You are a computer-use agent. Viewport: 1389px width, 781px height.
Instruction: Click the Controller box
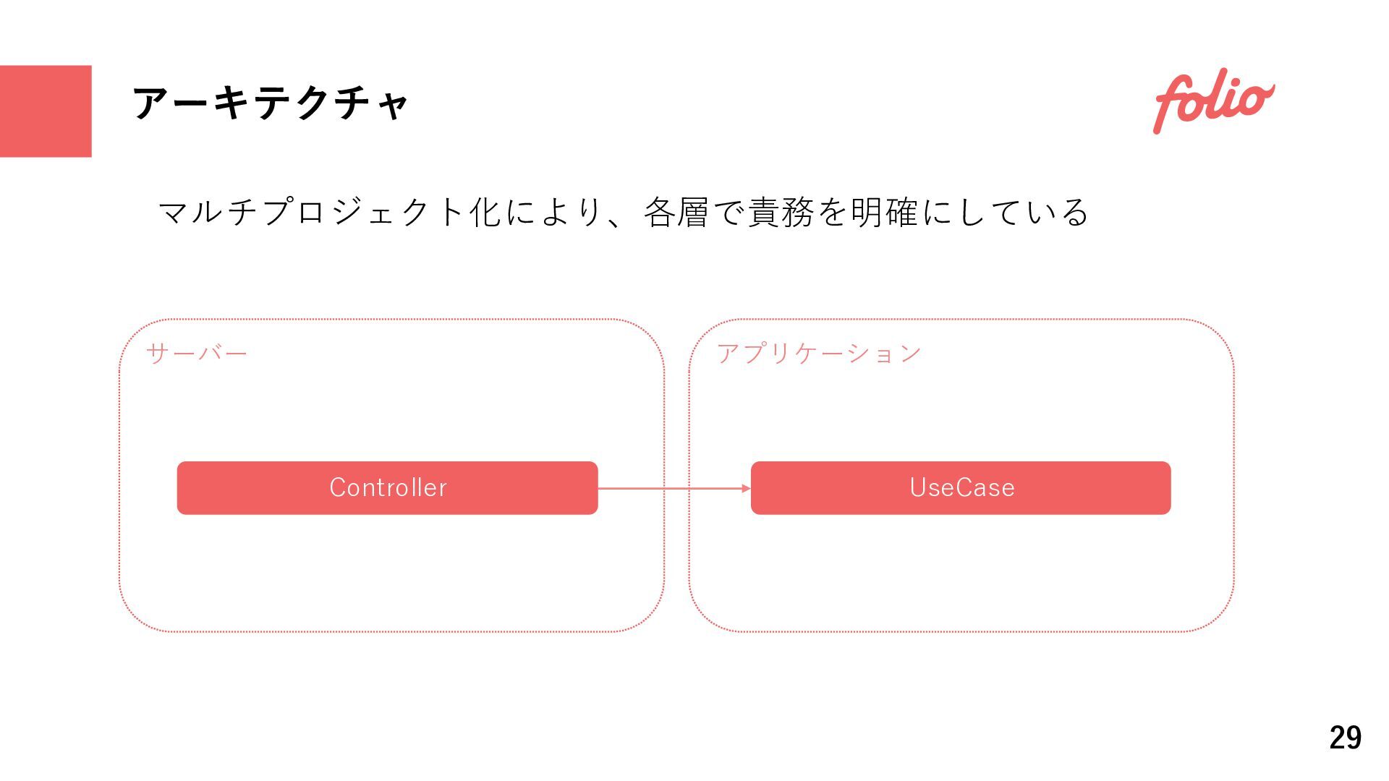[387, 488]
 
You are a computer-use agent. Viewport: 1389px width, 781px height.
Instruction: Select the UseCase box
[961, 488]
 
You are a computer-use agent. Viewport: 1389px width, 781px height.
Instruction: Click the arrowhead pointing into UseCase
[746, 489]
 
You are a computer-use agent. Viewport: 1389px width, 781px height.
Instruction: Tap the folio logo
[1213, 102]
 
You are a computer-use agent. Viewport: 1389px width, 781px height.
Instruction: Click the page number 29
[1345, 738]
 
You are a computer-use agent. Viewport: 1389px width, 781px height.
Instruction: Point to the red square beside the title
[46, 111]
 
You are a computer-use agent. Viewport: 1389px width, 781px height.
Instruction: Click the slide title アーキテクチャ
[271, 103]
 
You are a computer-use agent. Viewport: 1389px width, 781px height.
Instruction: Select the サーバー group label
[197, 354]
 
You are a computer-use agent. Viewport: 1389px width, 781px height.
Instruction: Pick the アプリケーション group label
[819, 354]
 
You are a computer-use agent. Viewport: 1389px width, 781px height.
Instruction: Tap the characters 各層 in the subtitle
[676, 213]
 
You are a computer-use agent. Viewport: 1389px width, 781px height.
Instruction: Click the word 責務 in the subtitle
[780, 213]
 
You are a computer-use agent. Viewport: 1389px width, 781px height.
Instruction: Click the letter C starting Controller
[338, 487]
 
